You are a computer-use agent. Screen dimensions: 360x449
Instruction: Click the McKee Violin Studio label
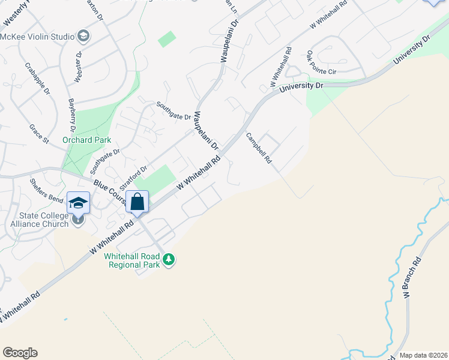[37, 37]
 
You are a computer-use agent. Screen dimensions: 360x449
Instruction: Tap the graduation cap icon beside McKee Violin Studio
[83, 37]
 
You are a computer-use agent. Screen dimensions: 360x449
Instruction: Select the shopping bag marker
[137, 202]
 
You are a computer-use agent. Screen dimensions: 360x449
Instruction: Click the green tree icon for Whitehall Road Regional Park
[170, 259]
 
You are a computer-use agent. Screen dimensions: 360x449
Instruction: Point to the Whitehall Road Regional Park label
[133, 260]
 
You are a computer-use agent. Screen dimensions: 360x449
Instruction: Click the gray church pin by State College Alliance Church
[78, 220]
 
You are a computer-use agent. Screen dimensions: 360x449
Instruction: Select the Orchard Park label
[86, 140]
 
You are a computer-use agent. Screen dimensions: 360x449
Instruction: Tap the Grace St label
[38, 134]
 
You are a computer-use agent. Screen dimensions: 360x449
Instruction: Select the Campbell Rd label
[259, 148]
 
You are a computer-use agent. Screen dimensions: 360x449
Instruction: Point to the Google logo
[20, 353]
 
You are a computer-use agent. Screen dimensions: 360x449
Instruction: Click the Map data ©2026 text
[423, 355]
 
